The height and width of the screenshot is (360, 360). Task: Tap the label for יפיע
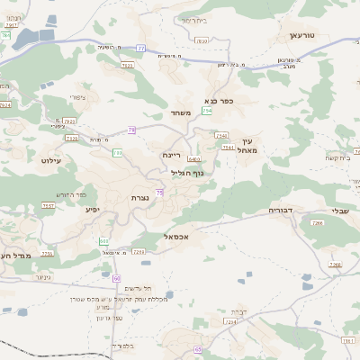click(x=92, y=210)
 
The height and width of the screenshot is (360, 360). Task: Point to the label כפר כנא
click(x=219, y=101)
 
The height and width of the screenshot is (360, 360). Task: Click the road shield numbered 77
click(x=140, y=47)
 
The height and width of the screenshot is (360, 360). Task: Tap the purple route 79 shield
click(x=131, y=130)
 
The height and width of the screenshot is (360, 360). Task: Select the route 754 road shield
click(x=207, y=111)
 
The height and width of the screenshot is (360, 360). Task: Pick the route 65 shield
click(x=198, y=347)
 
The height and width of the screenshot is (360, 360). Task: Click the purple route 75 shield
click(x=159, y=192)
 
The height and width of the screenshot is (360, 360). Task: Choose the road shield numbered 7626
click(x=72, y=138)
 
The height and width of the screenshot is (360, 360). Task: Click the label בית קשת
click(x=337, y=158)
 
